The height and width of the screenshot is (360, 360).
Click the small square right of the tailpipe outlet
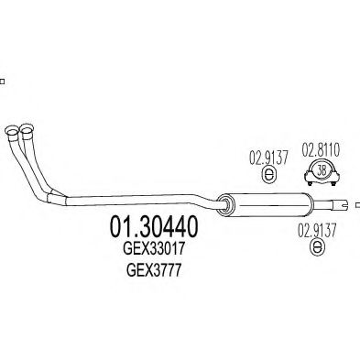click(x=357, y=206)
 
